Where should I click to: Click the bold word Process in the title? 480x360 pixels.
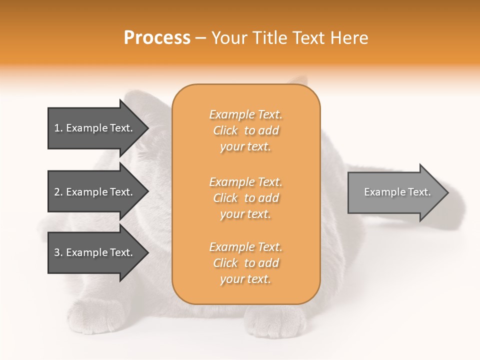click(156, 38)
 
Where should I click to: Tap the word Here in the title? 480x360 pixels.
click(349, 38)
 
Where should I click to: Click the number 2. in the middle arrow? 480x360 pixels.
click(58, 192)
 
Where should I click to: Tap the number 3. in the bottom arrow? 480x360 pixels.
click(58, 252)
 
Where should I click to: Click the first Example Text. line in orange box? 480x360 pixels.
click(246, 115)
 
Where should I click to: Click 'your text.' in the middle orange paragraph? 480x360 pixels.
click(245, 214)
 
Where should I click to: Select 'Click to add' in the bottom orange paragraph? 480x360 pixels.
click(246, 263)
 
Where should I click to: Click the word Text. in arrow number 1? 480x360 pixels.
click(120, 128)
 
